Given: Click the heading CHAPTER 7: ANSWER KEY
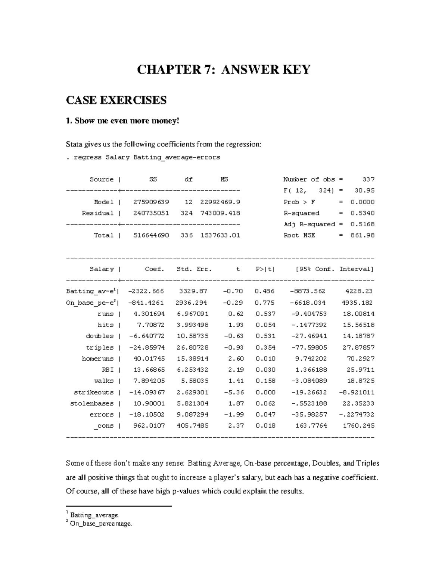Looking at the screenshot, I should pos(224,70).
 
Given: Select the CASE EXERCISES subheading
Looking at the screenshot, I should pos(116,100).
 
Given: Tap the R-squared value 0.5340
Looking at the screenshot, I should pos(362,213).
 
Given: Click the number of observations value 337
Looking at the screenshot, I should pos(368,180).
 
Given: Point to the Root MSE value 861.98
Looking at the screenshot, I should pos(362,235).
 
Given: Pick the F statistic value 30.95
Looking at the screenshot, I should pos(364,190).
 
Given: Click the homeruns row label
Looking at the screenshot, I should pos(97,359).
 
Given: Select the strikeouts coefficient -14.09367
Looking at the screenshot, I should pos(147,392).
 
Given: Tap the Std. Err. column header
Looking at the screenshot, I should pos(194,269).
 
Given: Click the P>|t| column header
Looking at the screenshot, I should pos(265,269).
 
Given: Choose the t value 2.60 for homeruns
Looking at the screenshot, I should pos(237,359).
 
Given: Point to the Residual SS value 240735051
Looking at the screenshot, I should pos(151,213).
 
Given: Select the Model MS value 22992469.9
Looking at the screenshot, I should pos(220,202).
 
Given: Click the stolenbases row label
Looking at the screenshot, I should pos(92,403).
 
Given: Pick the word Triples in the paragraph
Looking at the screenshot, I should pos(368,463).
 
